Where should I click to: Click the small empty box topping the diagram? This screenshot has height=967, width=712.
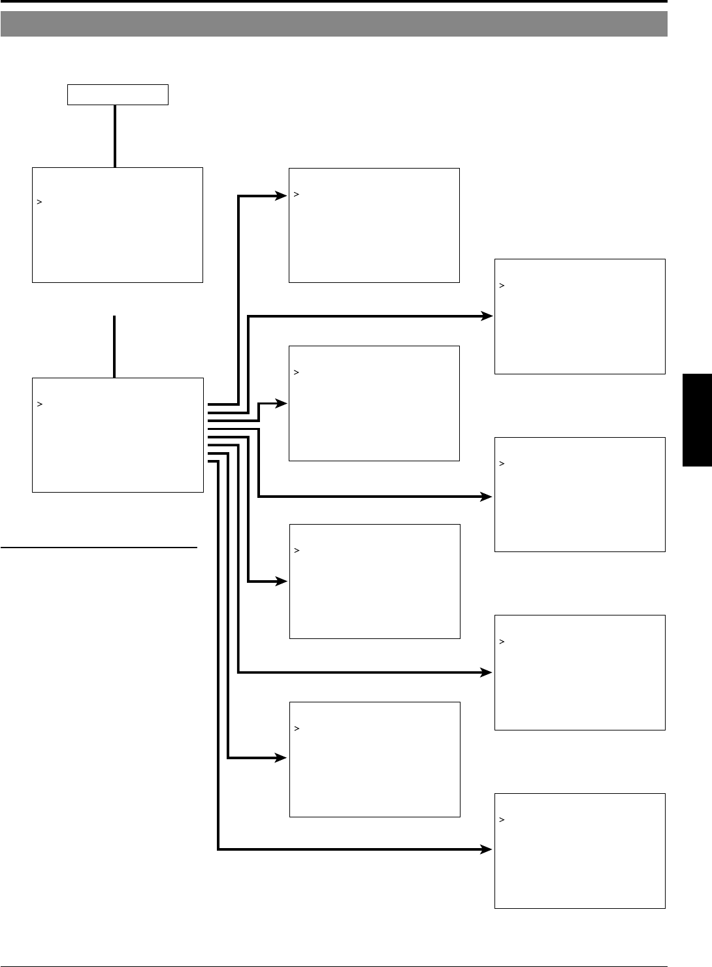click(118, 95)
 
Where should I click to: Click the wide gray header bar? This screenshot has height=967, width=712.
click(334, 24)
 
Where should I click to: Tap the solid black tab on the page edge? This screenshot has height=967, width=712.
click(697, 419)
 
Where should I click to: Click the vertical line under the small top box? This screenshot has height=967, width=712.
click(115, 136)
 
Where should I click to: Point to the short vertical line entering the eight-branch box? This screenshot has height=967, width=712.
click(114, 346)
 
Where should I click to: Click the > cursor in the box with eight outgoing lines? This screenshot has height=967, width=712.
click(40, 404)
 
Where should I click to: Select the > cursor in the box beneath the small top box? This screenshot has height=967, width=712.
click(40, 203)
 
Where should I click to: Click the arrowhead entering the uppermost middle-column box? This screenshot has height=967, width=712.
click(282, 195)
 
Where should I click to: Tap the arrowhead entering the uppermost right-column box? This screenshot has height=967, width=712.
click(487, 316)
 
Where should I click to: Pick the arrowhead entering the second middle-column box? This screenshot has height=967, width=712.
click(282, 404)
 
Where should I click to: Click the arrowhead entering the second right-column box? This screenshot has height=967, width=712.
click(487, 497)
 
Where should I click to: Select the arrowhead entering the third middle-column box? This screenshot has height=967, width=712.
click(282, 582)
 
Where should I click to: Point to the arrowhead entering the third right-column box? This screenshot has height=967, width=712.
click(487, 672)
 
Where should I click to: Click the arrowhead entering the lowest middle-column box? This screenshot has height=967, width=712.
click(282, 758)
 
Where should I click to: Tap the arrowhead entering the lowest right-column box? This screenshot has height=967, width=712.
click(487, 849)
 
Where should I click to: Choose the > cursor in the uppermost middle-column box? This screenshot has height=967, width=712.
click(296, 194)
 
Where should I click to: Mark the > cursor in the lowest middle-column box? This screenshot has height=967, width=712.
click(297, 729)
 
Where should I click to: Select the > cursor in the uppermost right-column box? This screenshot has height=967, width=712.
click(502, 286)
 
